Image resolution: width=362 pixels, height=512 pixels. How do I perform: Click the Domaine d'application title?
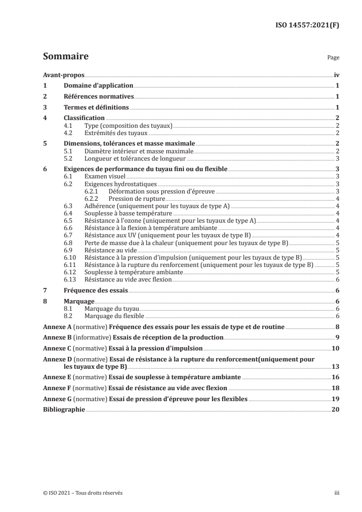pyautogui.click(x=98, y=86)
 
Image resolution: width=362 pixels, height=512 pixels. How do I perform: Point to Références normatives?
pyautogui.click(x=99, y=97)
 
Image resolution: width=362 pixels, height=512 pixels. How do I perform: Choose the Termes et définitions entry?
pyautogui.click(x=96, y=108)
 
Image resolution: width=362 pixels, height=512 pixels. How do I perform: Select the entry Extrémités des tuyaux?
pyautogui.click(x=116, y=133)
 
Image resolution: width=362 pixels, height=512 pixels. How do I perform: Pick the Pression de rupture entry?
pyautogui.click(x=136, y=199)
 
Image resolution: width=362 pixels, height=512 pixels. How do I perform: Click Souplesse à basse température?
pyautogui.click(x=128, y=214)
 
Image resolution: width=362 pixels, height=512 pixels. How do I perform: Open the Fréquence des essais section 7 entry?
pyautogui.click(x=95, y=291)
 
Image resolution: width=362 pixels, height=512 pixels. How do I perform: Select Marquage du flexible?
pyautogui.click(x=115, y=316)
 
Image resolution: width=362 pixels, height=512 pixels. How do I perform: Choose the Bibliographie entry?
pyautogui.click(x=64, y=410)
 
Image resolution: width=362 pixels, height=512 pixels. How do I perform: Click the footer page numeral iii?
pyautogui.click(x=336, y=493)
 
